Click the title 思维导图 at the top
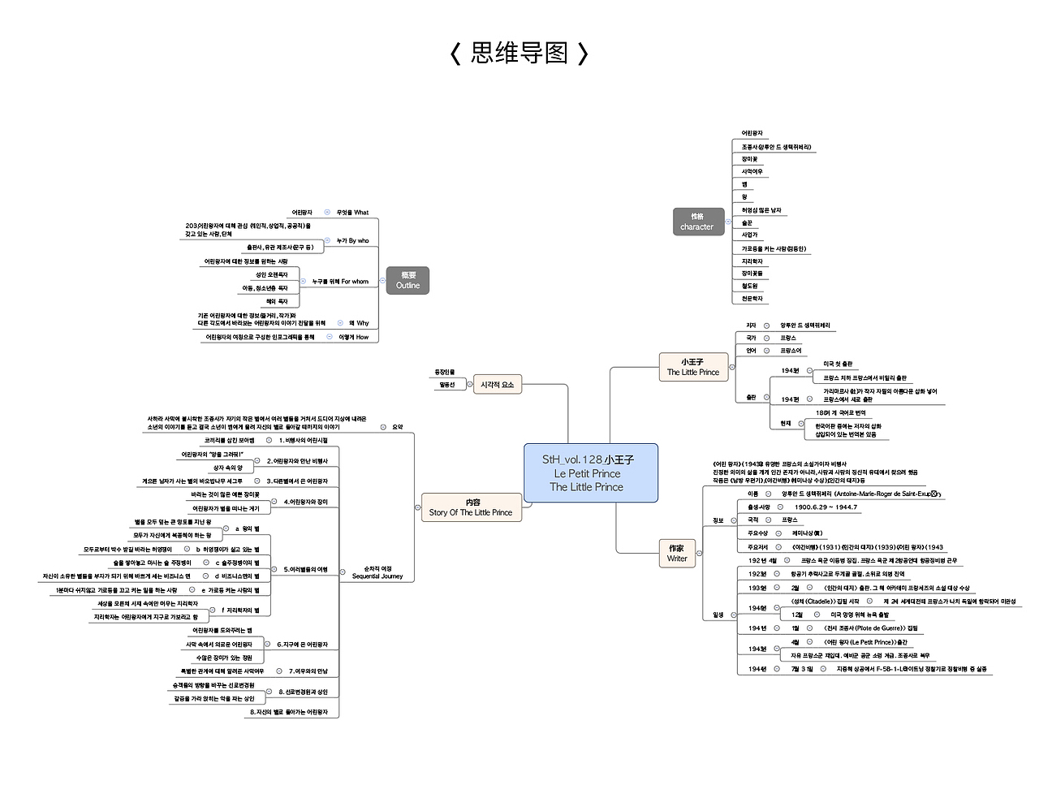[x=519, y=54]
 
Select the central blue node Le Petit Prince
[x=590, y=473]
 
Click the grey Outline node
[x=407, y=280]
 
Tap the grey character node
[x=697, y=222]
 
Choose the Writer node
[x=677, y=553]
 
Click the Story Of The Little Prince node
[x=471, y=507]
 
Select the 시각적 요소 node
[x=497, y=385]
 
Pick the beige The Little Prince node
[x=692, y=367]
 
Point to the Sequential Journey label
[x=377, y=573]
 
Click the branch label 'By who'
[x=353, y=241]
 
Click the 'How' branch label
[x=354, y=337]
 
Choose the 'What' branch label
[x=353, y=213]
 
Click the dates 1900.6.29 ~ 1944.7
[x=826, y=507]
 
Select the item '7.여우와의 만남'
[x=308, y=671]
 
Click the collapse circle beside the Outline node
[x=382, y=281]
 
